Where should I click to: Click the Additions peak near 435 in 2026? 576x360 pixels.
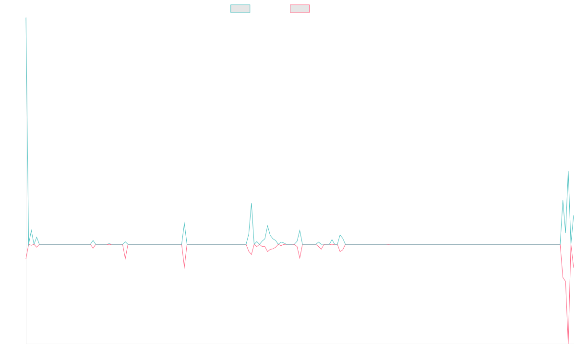click(568, 171)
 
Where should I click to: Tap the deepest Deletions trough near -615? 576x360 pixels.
click(568, 343)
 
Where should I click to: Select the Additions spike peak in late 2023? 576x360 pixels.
click(252, 204)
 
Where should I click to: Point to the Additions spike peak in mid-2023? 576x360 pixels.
click(184, 222)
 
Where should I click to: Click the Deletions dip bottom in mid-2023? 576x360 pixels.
click(184, 268)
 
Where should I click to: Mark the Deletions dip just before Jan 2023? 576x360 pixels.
click(125, 259)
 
